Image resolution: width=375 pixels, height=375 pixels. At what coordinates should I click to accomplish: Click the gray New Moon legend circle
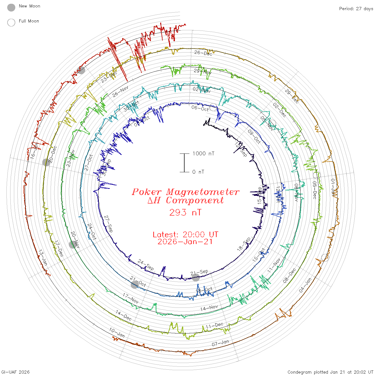11,8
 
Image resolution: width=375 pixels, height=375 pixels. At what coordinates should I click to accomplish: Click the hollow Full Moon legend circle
11,22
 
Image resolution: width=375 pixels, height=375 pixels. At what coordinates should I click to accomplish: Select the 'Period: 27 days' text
356,9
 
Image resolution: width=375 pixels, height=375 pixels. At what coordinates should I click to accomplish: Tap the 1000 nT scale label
203,153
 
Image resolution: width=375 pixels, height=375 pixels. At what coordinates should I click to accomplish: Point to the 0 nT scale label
198,172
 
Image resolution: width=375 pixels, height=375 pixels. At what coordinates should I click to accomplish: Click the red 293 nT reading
185,213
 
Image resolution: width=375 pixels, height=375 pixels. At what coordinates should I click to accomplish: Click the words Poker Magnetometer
185,192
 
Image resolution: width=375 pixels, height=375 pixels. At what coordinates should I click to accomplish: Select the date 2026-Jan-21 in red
185,242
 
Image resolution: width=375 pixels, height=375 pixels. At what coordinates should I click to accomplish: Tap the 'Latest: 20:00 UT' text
185,235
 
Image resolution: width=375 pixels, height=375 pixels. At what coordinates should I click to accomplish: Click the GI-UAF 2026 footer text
16,372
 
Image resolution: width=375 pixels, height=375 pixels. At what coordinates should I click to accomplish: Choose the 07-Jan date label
220,343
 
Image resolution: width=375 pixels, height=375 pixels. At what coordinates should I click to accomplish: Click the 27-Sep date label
108,224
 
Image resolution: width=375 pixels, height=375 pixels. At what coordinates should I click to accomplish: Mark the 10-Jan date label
117,332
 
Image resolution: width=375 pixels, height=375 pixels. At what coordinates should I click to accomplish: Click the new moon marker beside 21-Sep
196,278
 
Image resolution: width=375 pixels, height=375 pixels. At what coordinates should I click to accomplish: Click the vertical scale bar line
184,163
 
